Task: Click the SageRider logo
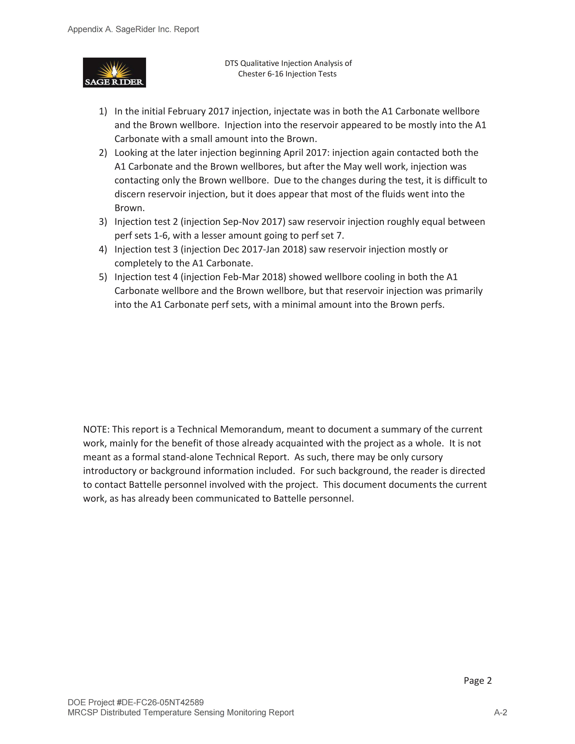(115, 73)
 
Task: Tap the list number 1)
(103, 111)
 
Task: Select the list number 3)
(103, 222)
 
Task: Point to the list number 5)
(103, 277)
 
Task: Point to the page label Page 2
(478, 681)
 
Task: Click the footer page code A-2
(500, 712)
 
